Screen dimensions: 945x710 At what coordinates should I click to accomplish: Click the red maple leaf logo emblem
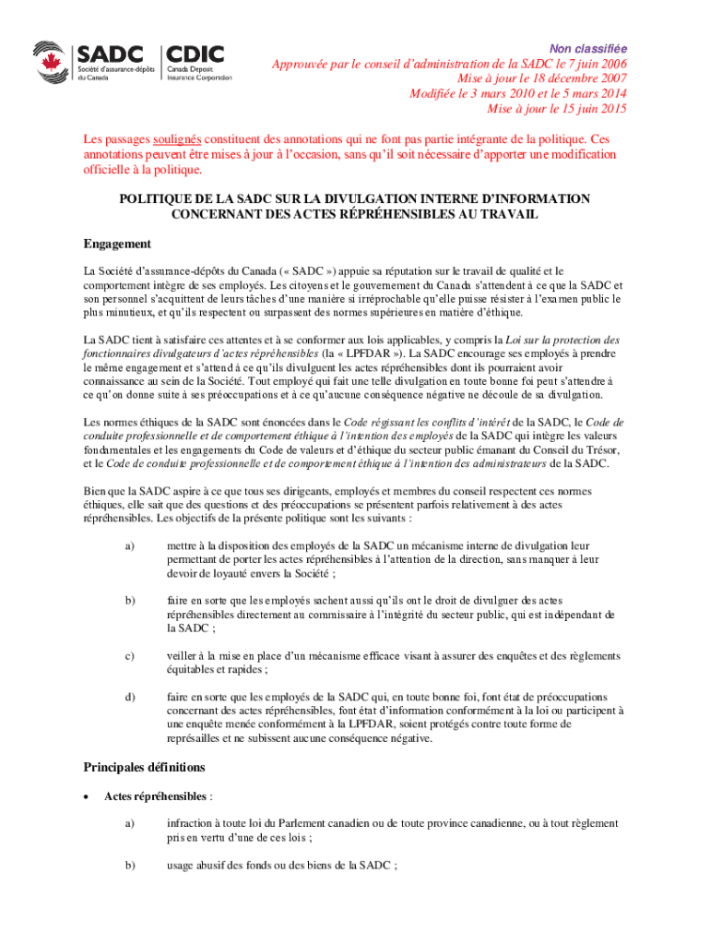(x=52, y=62)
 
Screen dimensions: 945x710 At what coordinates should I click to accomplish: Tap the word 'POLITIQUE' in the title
(x=160, y=198)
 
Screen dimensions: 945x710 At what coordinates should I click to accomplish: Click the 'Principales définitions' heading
(x=144, y=767)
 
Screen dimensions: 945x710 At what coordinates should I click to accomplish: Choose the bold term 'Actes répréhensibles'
(x=155, y=795)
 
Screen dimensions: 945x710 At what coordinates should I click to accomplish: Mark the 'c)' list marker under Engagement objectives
(x=129, y=656)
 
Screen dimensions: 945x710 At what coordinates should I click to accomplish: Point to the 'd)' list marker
(x=129, y=697)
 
